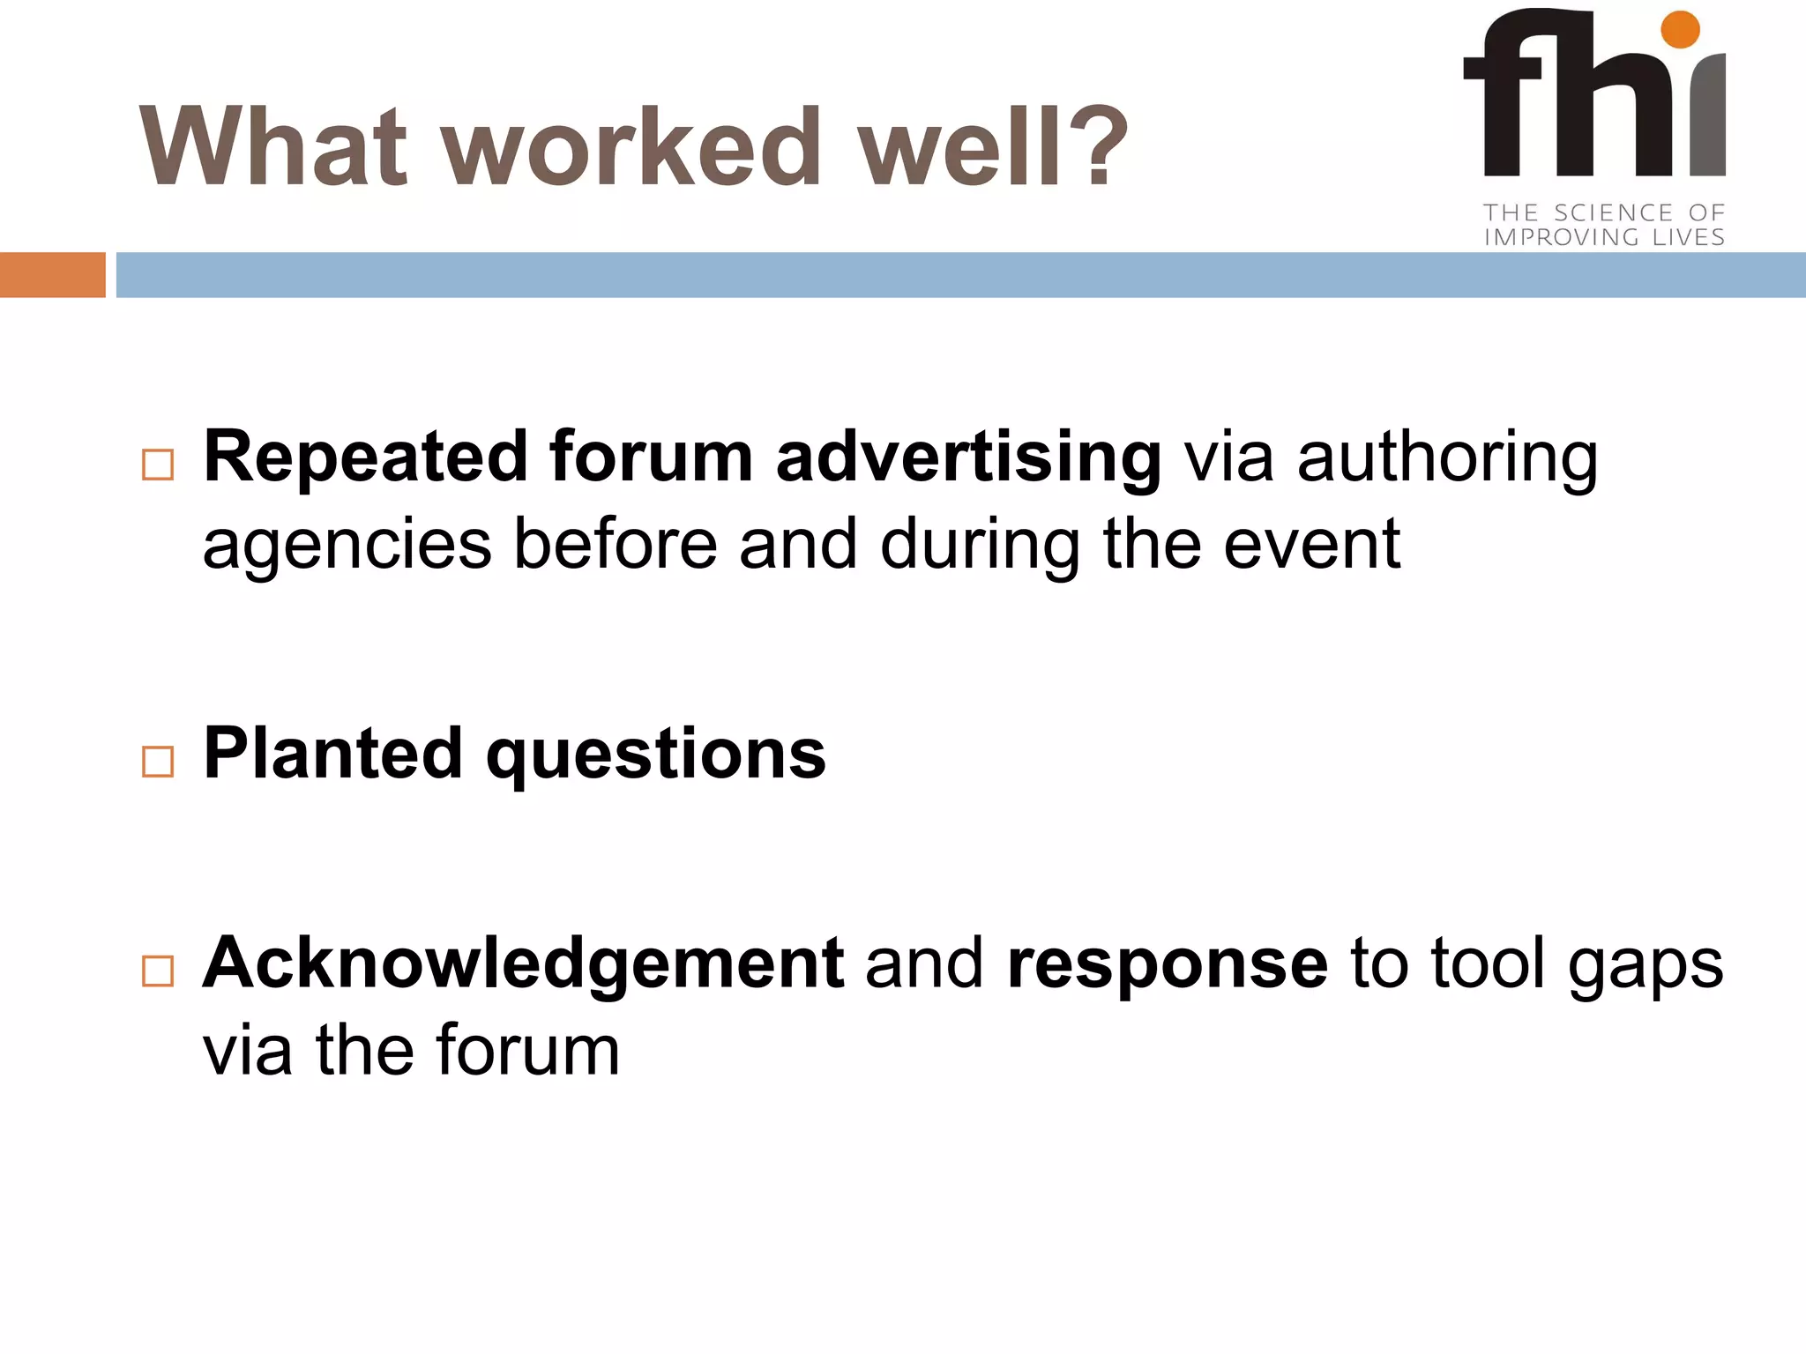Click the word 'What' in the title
[273, 147]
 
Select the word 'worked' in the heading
[631, 147]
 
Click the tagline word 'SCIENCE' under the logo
[1613, 212]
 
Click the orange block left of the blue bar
[52, 275]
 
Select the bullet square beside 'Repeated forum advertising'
[158, 465]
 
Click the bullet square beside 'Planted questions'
[158, 761]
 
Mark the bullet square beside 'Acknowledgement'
[158, 971]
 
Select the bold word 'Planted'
[332, 754]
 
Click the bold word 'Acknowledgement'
[523, 963]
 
